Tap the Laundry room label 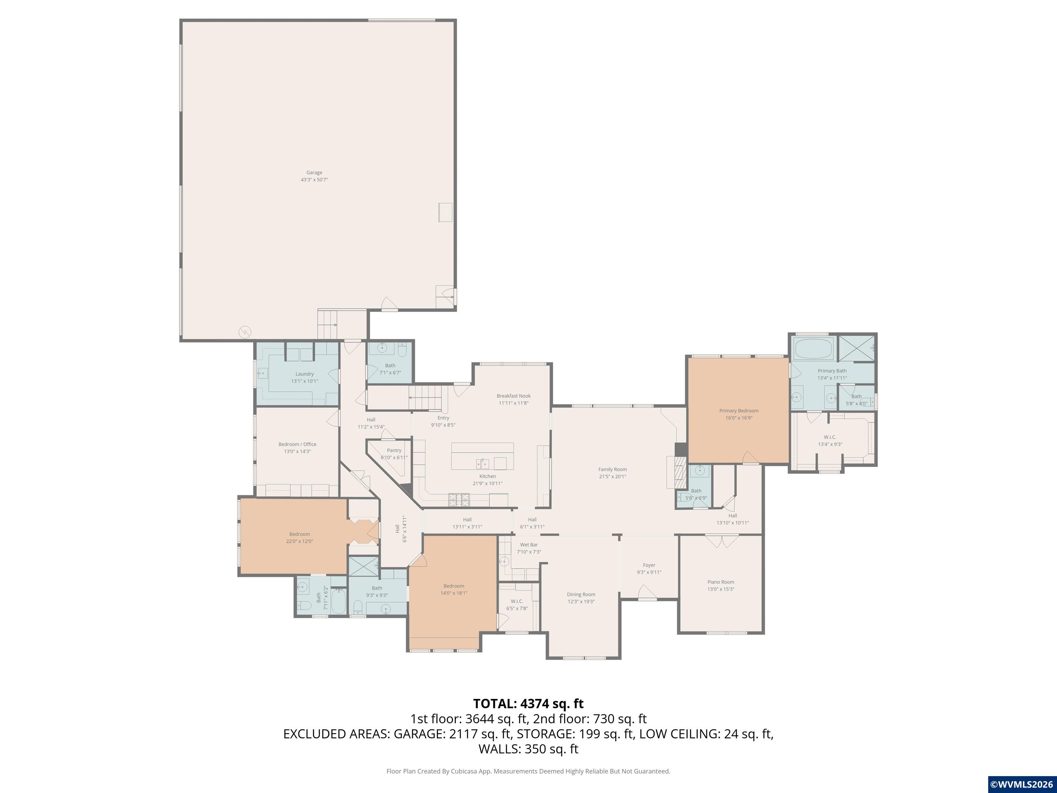(305, 374)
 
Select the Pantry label (394, 450)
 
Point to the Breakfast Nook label (514, 396)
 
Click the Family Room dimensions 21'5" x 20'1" (612, 477)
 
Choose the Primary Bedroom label (739, 411)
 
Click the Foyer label (649, 565)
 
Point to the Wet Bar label (529, 544)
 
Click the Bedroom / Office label (297, 444)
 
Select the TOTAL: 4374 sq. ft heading (528, 704)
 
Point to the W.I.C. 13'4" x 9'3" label (830, 440)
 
